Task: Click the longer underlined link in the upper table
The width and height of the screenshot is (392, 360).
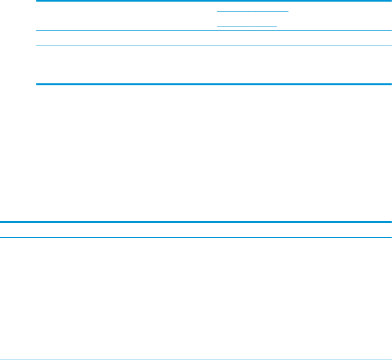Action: coord(253,11)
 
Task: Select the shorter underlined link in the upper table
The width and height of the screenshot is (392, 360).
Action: coord(247,25)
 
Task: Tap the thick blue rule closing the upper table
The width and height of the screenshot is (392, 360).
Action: coord(213,84)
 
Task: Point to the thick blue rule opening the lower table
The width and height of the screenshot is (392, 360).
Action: coord(196,222)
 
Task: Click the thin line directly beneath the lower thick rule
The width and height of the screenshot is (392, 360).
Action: coord(196,237)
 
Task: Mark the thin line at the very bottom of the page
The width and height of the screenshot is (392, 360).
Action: coord(196,359)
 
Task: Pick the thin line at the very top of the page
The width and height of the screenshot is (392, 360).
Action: coord(213,1)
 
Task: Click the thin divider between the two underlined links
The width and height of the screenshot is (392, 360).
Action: coord(213,16)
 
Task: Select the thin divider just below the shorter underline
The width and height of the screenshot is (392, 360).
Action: coord(213,30)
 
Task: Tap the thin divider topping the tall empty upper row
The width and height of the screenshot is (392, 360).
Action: coord(213,45)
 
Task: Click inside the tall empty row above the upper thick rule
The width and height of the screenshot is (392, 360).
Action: coord(213,64)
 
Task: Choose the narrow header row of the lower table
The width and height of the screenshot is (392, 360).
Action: coord(196,230)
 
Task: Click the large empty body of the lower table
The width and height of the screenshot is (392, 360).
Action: coord(196,298)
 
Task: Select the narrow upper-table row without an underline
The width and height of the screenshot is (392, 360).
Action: coord(213,38)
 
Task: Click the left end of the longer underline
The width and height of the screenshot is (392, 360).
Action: coord(218,11)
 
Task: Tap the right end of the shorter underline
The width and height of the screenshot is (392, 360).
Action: coord(277,25)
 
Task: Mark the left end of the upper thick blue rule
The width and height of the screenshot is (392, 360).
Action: coord(37,84)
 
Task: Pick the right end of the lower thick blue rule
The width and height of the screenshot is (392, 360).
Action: coord(391,222)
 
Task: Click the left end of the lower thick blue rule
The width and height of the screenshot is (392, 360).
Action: coord(1,222)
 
